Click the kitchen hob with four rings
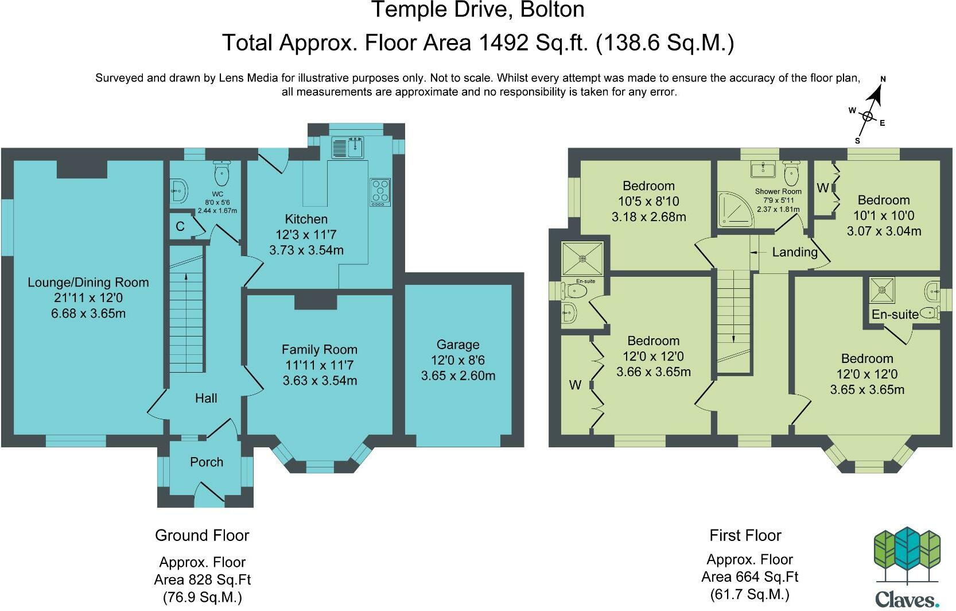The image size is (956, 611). click(x=380, y=192)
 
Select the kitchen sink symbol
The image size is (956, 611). click(x=348, y=148)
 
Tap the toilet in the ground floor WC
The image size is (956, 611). click(x=221, y=171)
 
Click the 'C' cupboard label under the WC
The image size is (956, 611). click(x=180, y=226)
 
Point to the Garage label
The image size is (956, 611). click(x=457, y=345)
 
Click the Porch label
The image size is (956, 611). click(x=206, y=462)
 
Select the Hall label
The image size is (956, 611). click(x=206, y=398)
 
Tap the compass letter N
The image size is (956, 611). click(x=883, y=79)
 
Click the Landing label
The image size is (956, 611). click(x=794, y=252)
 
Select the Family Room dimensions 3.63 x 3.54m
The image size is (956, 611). click(x=320, y=380)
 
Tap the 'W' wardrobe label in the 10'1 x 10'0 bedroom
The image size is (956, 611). click(x=822, y=188)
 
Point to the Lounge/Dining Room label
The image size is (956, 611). click(x=88, y=282)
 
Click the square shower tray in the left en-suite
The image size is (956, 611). click(x=582, y=258)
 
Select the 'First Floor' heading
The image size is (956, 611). click(x=745, y=535)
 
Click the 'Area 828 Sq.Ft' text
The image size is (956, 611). click(x=202, y=579)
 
